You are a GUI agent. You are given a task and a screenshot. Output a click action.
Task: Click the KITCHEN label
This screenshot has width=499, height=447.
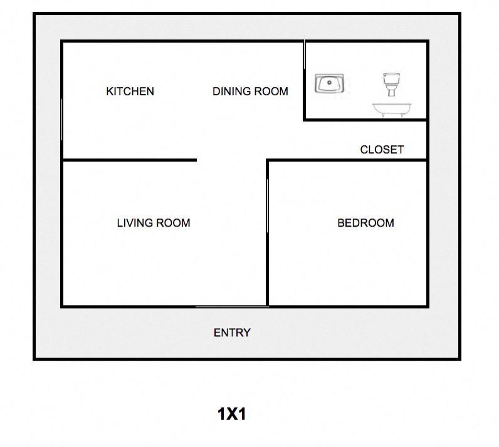[x=130, y=91]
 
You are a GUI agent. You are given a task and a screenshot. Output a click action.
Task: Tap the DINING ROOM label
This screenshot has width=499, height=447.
[x=250, y=91]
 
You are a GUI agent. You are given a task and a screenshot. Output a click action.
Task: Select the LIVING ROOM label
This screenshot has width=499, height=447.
[x=154, y=223]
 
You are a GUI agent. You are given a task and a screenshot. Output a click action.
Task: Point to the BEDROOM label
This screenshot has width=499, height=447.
[x=365, y=223]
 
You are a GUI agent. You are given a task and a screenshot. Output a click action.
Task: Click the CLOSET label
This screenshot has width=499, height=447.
[x=382, y=150]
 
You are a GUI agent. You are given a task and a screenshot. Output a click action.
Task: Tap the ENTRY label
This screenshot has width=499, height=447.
[x=232, y=332]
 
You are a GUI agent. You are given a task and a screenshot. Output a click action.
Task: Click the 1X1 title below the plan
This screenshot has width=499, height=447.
[x=232, y=414]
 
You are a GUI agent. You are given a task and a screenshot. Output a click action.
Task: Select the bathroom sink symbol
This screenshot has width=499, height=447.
[x=329, y=83]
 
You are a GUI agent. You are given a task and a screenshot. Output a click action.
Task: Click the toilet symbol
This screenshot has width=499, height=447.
[x=391, y=85]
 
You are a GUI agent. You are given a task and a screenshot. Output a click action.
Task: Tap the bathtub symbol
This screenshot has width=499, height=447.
[x=392, y=110]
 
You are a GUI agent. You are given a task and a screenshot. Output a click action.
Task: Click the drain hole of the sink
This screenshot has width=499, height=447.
[x=329, y=83]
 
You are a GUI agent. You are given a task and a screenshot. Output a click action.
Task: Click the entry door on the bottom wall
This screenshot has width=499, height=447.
[x=232, y=307]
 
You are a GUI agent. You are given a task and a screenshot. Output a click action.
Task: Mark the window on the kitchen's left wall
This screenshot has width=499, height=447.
[x=61, y=120]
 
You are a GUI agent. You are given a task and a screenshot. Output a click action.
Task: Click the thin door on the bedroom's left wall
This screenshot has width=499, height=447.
[x=267, y=205]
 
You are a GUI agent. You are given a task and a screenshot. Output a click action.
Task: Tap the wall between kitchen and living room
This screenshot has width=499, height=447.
[x=129, y=160]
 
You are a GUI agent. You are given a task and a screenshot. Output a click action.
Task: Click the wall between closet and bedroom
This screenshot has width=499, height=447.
[x=347, y=160]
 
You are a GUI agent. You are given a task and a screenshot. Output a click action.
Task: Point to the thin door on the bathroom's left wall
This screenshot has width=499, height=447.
[x=304, y=54]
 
